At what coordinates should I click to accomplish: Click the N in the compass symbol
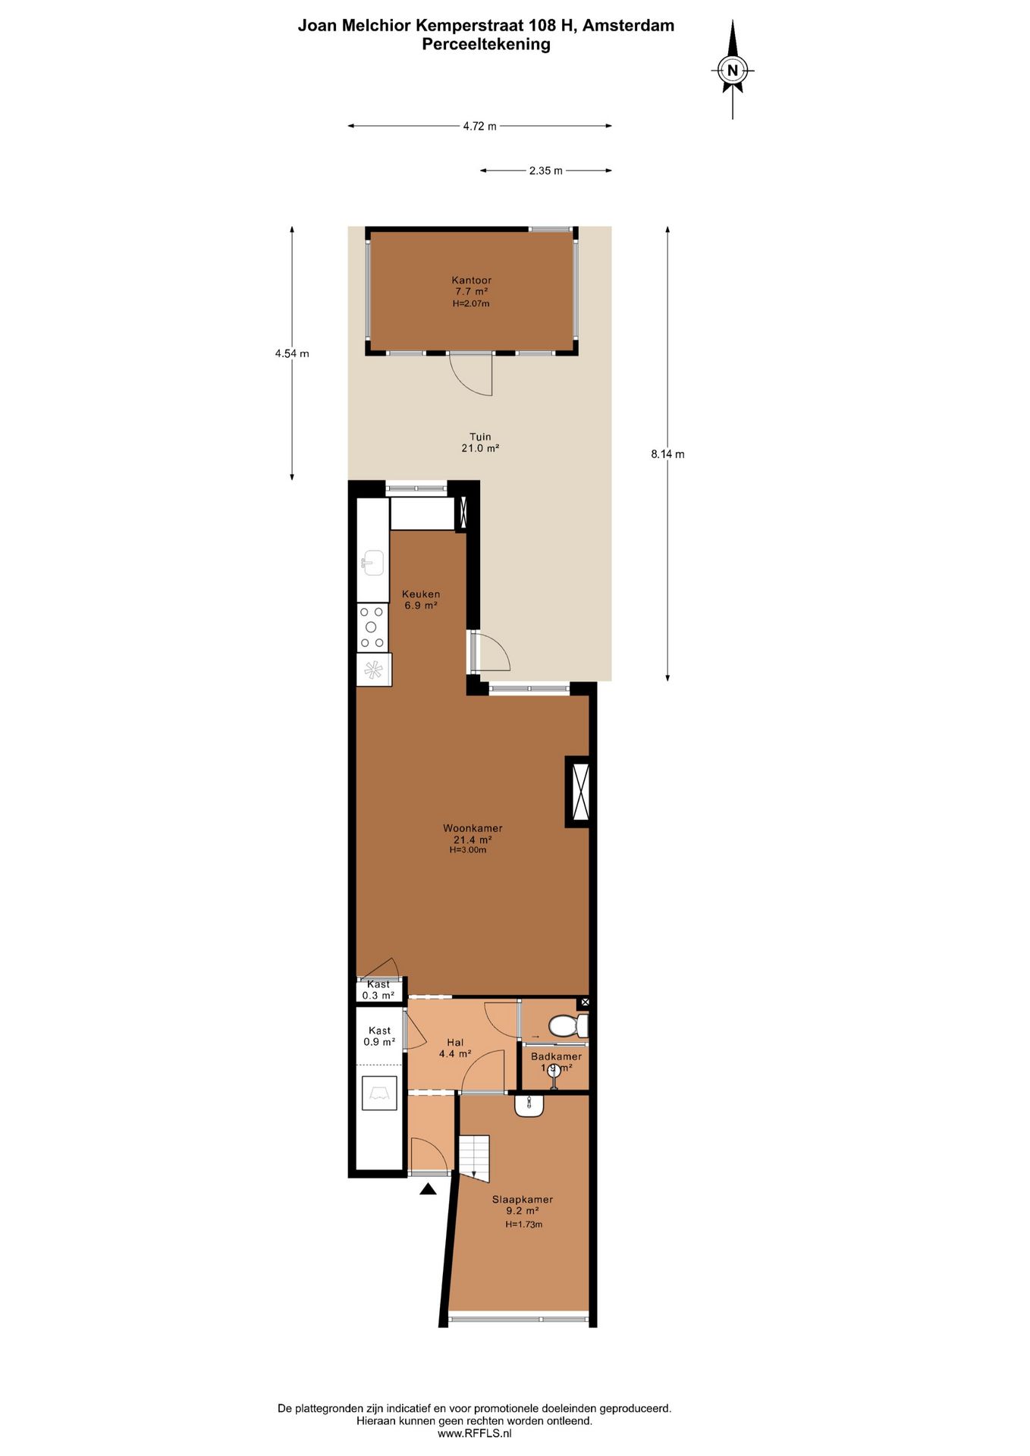click(732, 71)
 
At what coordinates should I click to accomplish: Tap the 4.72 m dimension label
click(479, 126)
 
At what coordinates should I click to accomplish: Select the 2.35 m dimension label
click(545, 171)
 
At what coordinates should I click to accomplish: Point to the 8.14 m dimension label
click(667, 454)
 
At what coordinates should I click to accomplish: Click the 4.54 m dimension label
click(292, 353)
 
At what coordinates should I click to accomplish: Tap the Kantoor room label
click(471, 281)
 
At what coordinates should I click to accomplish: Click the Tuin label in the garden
click(480, 437)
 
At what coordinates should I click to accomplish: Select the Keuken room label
click(421, 595)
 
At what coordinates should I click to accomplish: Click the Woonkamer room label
click(473, 828)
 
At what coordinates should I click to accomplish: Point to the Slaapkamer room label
click(523, 1199)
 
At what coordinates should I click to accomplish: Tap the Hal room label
click(455, 1043)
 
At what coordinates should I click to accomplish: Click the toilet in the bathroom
click(567, 1026)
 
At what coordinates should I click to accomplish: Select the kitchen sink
click(372, 563)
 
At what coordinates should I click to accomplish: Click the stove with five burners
click(372, 627)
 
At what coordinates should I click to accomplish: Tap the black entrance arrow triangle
click(428, 1189)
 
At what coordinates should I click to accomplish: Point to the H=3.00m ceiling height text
click(468, 850)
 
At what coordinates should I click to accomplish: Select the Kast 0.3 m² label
click(378, 990)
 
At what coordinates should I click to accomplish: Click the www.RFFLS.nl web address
click(474, 1434)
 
